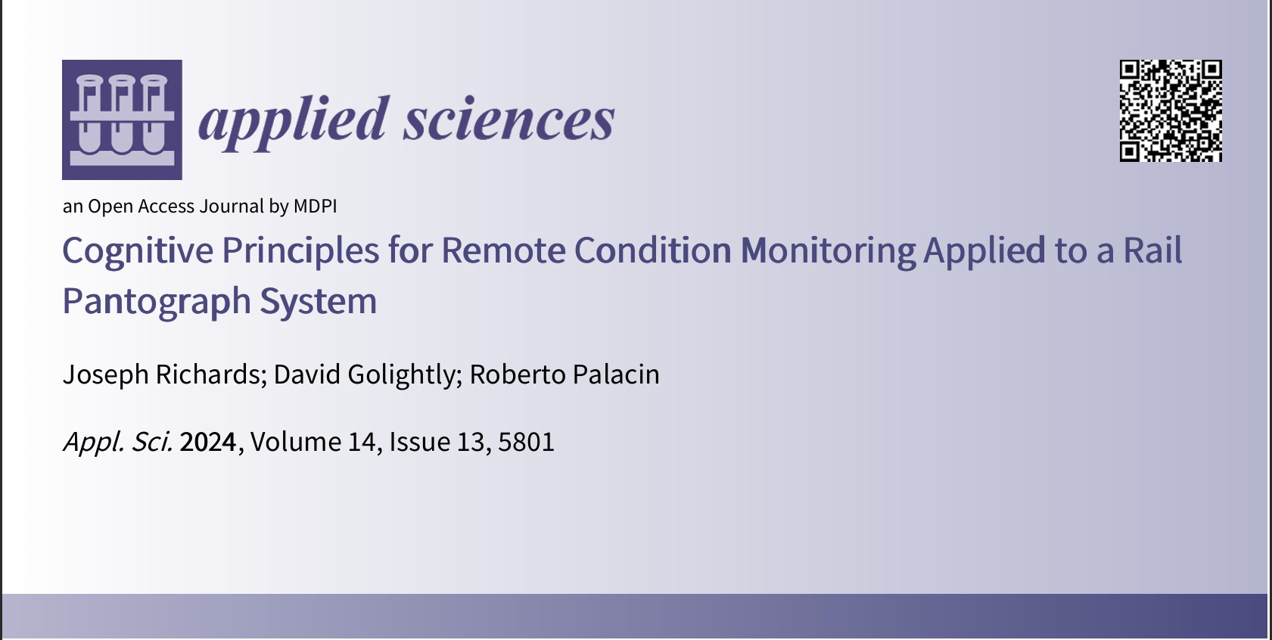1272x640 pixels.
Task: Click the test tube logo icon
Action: (122, 120)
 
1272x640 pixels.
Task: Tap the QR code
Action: (1171, 110)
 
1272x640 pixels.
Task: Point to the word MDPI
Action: (315, 207)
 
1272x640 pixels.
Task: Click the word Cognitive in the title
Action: (137, 250)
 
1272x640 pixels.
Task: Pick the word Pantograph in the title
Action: (157, 301)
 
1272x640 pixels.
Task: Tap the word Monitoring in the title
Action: (828, 250)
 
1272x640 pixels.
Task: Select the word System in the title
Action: (319, 301)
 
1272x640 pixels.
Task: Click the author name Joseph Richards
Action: (161, 374)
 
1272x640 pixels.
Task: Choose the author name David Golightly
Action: (363, 374)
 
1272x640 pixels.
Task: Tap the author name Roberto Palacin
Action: (564, 374)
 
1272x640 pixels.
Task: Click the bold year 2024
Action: (208, 442)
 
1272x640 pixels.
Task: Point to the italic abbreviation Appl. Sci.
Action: (118, 442)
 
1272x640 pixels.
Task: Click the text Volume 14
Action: (313, 442)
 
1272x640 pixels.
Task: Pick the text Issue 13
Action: (437, 442)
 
